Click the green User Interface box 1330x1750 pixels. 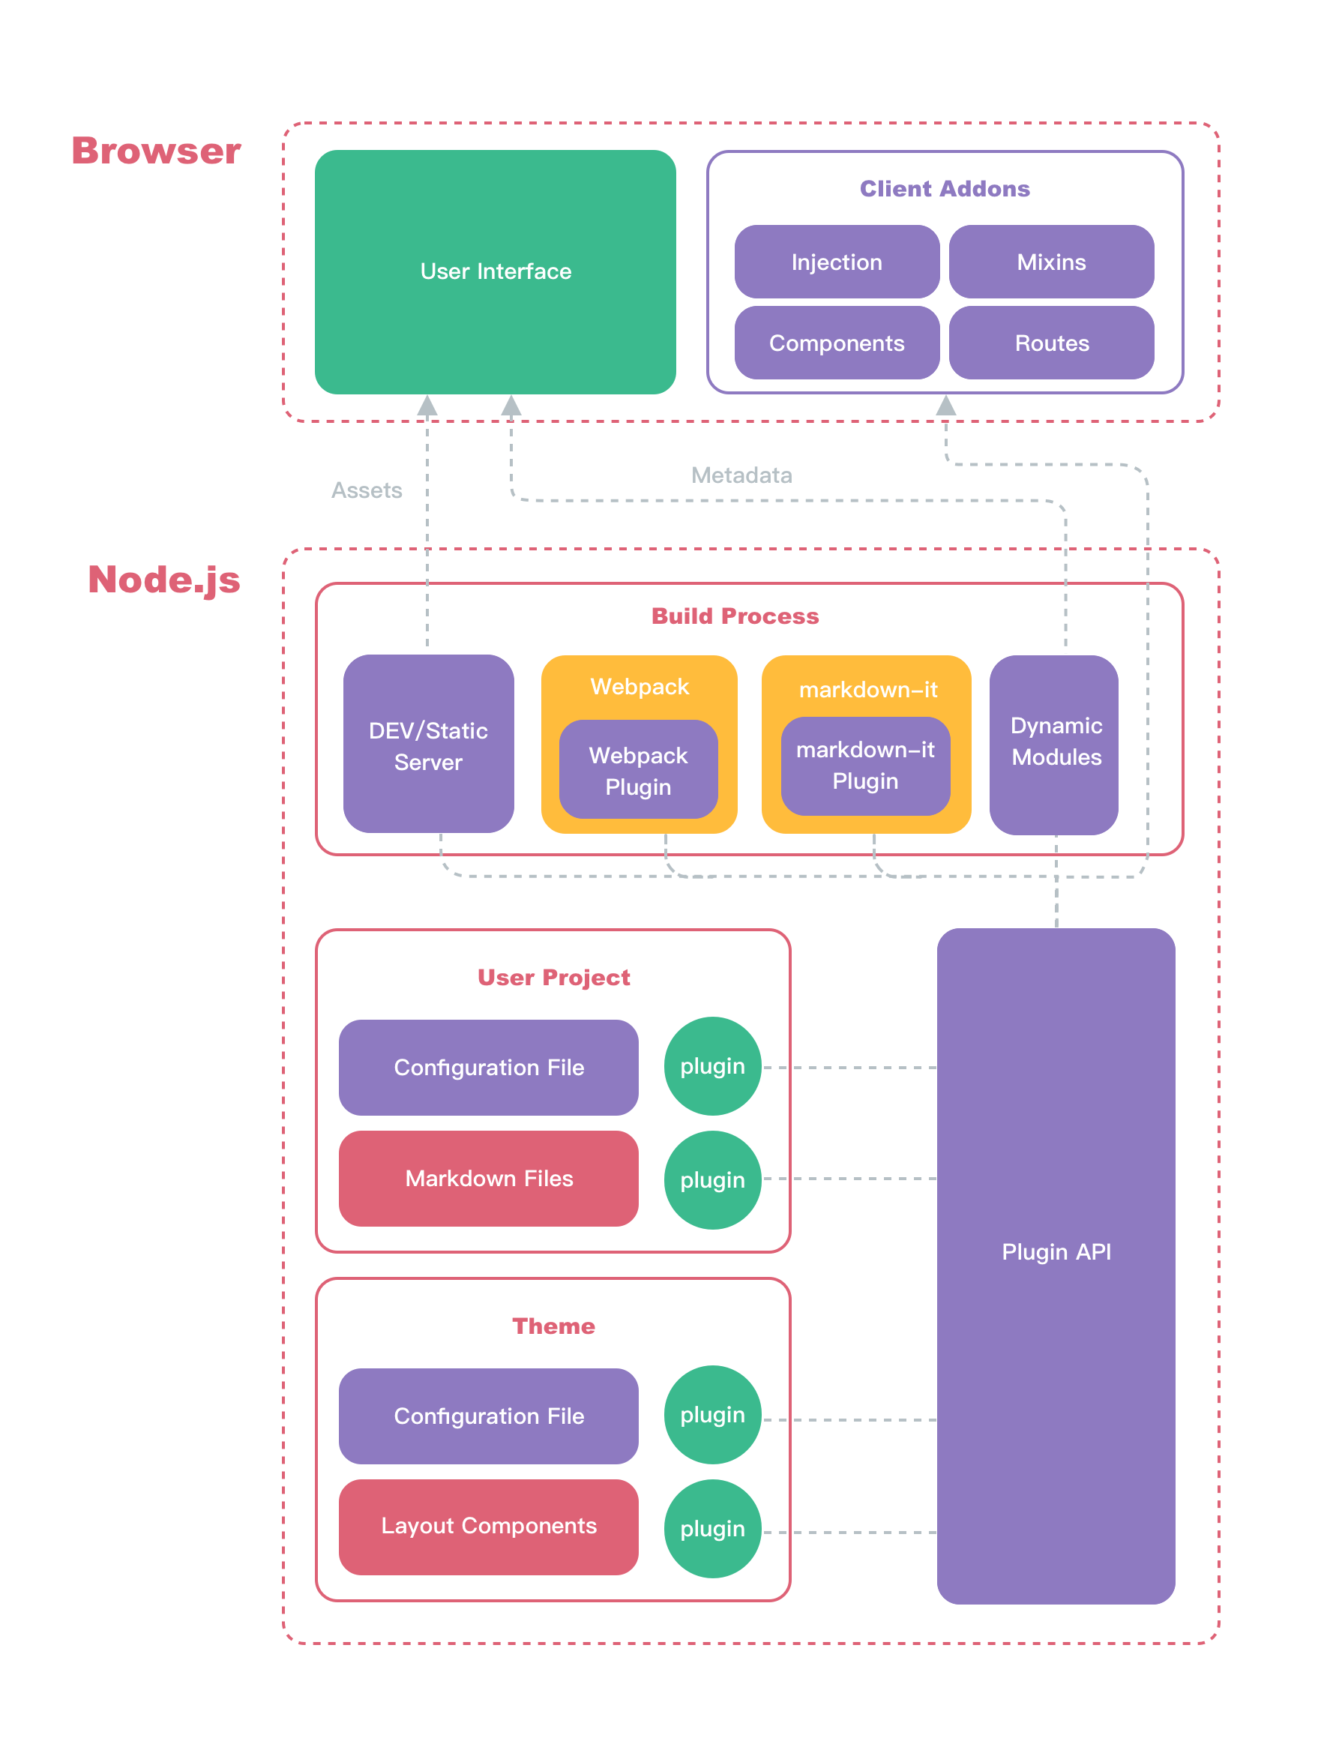[x=495, y=271]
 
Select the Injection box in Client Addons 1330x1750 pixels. [x=836, y=262]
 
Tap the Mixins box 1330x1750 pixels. [x=1050, y=262]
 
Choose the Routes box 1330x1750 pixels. [x=1050, y=343]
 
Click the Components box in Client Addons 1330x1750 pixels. [x=836, y=343]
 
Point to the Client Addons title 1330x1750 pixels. [x=945, y=188]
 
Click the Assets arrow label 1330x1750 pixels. [x=366, y=490]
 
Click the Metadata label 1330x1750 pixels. [x=741, y=475]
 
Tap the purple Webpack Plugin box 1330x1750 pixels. [x=638, y=770]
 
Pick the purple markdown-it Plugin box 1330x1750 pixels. [x=865, y=766]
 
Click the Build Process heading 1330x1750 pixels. [x=735, y=616]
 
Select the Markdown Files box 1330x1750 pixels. [x=489, y=1178]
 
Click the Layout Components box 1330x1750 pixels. [x=489, y=1526]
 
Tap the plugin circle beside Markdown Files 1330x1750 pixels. [x=711, y=1180]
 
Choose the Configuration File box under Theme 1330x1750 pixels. [x=489, y=1416]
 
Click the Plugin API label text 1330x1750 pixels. [x=1056, y=1252]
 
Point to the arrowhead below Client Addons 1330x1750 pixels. [x=946, y=406]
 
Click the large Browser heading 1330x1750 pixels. [x=156, y=151]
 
